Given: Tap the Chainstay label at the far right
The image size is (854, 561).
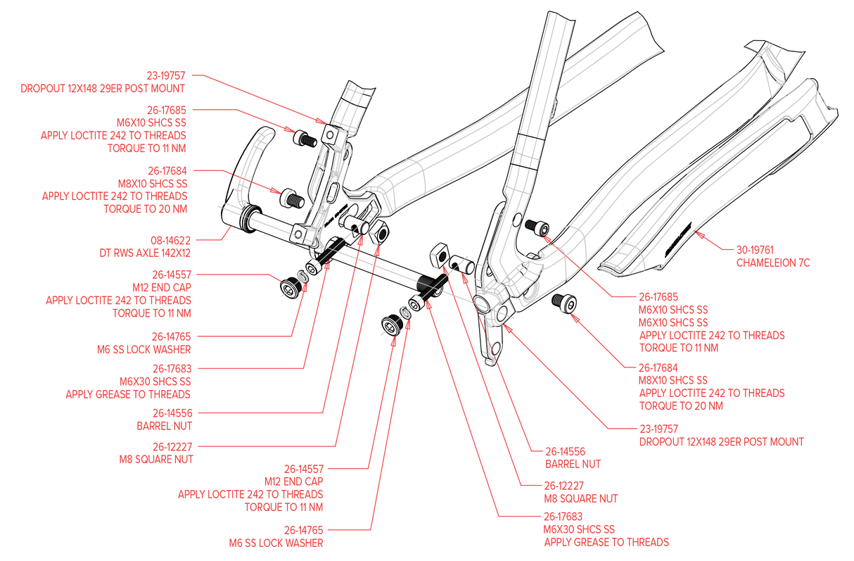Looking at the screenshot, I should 773,263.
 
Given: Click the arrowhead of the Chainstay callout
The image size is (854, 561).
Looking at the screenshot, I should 696,235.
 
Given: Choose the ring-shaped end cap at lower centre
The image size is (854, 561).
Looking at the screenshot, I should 405,311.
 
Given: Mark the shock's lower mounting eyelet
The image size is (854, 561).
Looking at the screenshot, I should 299,234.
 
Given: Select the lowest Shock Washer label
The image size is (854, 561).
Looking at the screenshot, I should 276,543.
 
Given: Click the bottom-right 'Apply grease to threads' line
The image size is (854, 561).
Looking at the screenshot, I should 606,542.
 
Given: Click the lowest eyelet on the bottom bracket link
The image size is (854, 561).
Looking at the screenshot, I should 495,346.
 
